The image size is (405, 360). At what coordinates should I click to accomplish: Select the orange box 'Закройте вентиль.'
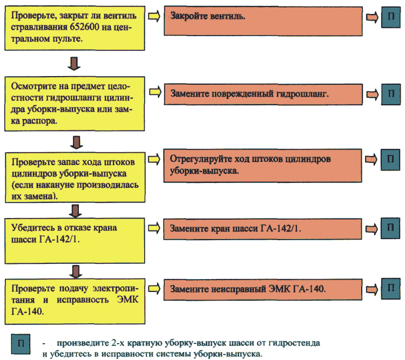tap(263, 21)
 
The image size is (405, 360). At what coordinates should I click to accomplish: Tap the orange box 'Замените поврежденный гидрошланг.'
tap(263, 94)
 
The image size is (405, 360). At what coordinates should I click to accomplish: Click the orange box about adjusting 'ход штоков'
tap(262, 166)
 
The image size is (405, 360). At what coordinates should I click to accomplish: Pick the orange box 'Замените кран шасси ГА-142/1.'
tap(262, 229)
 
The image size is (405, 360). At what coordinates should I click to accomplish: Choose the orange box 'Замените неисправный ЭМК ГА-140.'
tap(263, 289)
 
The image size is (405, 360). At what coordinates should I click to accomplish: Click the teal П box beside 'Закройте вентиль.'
tap(391, 17)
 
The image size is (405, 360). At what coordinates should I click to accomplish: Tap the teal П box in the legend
tap(21, 344)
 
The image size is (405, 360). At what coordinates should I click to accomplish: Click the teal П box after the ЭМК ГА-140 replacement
tap(391, 289)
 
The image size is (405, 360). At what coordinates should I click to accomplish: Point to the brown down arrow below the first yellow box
tap(74, 64)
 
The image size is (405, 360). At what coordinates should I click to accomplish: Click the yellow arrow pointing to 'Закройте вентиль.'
tap(154, 16)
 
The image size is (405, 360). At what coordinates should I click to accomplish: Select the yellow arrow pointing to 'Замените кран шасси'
tap(154, 228)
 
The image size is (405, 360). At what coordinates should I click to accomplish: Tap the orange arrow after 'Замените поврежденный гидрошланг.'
tap(373, 94)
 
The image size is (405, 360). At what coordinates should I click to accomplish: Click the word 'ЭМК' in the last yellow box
tap(127, 300)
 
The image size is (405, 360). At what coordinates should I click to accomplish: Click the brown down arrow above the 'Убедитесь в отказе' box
tap(76, 211)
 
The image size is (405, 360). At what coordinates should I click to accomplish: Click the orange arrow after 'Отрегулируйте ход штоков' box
tap(372, 160)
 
